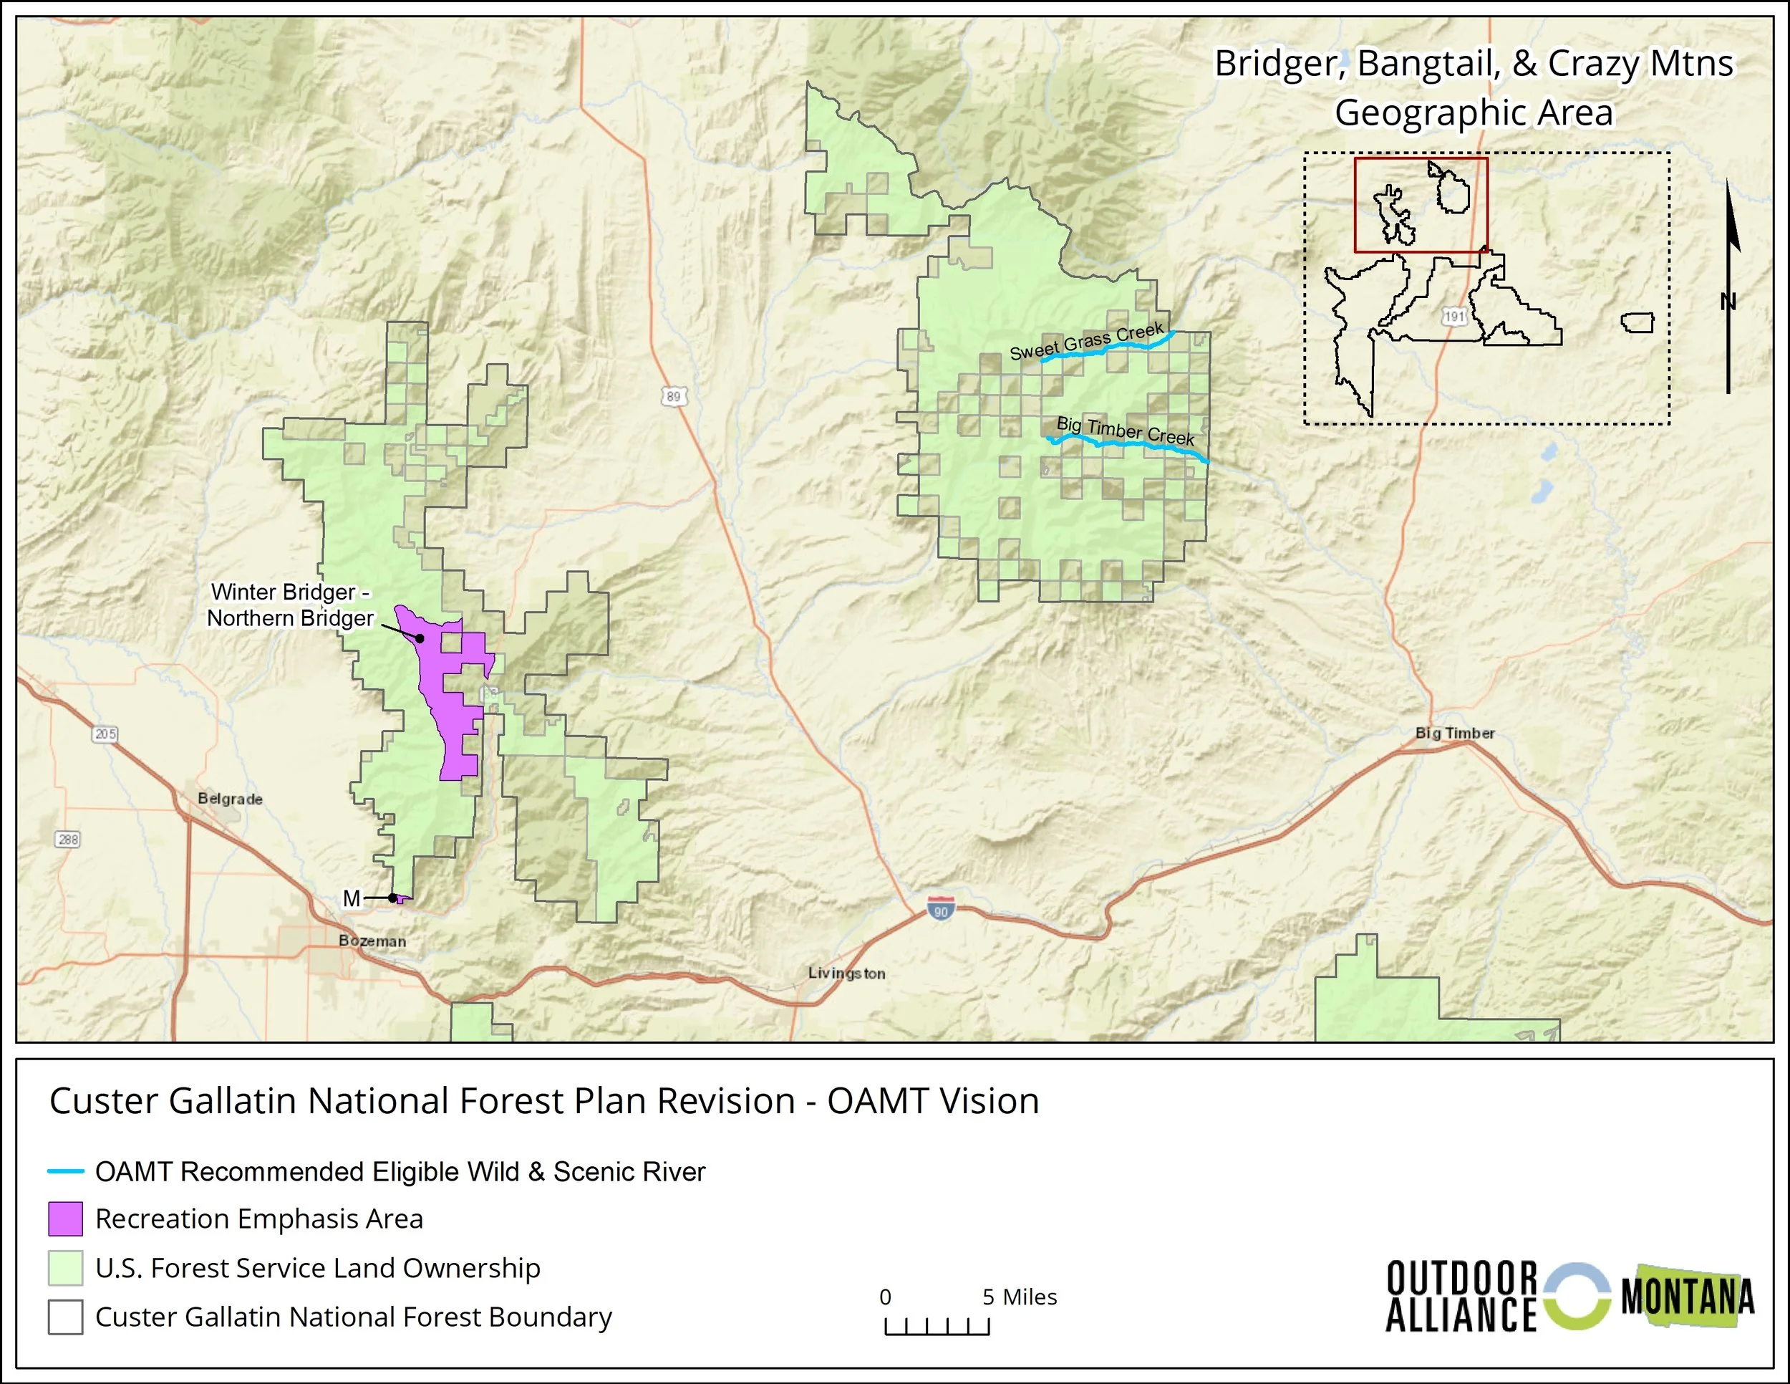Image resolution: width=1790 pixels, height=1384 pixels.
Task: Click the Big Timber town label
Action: point(1455,733)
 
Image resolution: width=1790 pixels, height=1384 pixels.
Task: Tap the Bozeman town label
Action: point(372,941)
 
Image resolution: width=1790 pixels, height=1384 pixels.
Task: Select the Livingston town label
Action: point(846,974)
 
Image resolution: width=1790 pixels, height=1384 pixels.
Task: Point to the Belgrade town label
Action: point(231,799)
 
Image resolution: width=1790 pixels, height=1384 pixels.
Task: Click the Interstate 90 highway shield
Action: point(941,908)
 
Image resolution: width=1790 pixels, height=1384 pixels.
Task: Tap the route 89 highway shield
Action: point(673,397)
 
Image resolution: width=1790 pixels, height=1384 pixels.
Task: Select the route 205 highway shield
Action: point(106,734)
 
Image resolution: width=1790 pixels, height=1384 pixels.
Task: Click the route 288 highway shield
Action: point(68,839)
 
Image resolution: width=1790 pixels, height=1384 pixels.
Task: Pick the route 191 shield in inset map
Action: point(1454,316)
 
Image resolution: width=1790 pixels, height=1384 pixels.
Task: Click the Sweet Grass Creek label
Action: point(1086,341)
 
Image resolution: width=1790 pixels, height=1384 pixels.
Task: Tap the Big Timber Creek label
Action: point(1125,431)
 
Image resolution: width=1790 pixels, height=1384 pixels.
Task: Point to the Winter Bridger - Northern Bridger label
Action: point(290,605)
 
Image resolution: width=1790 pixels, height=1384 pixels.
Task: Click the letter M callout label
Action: point(352,898)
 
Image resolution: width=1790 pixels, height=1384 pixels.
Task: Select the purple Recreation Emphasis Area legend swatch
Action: point(66,1219)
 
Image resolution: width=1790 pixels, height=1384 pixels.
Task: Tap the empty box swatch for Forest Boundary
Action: point(66,1317)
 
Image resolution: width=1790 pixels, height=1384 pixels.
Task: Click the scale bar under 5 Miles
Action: point(937,1327)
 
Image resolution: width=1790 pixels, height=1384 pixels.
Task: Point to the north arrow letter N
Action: point(1728,302)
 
